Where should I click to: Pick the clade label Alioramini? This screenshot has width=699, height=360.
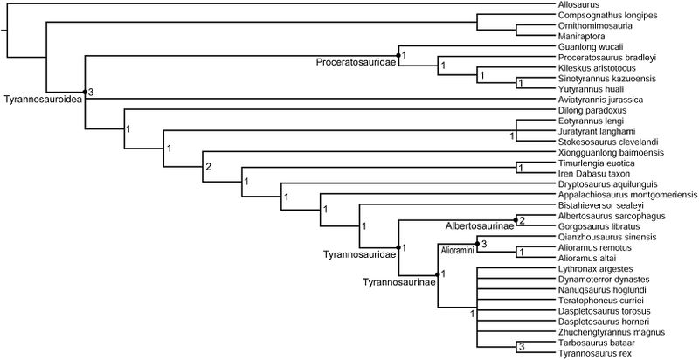(455, 249)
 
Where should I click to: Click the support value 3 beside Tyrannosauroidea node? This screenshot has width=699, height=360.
(90, 90)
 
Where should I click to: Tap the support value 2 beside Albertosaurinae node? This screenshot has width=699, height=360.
(522, 220)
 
